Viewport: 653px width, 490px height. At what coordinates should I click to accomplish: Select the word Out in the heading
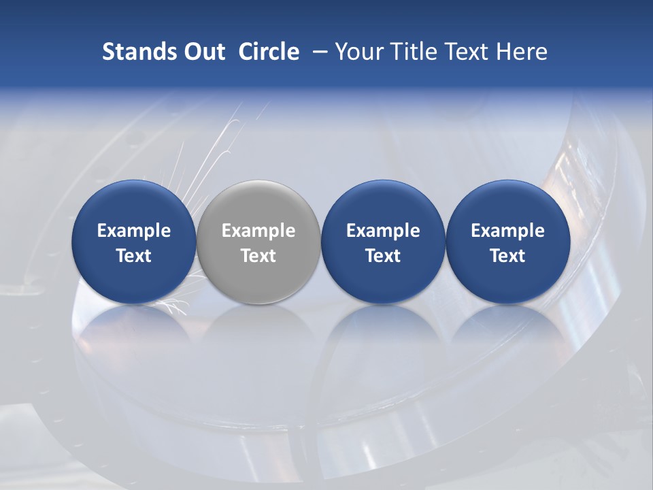203,52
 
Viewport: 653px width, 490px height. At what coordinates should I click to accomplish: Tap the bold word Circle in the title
269,52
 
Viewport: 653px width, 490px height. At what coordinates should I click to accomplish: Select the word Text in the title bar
463,52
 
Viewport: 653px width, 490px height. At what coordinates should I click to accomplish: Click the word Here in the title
520,52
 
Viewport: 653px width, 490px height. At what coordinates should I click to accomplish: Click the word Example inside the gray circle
258,231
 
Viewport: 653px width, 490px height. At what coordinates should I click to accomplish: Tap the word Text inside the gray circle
258,256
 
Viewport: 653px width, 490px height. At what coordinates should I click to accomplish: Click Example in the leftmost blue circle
133,231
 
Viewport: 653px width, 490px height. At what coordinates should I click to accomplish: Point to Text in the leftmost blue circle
133,256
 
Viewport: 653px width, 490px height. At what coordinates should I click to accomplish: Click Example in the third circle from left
383,231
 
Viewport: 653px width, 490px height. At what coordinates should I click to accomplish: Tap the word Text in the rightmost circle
507,256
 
